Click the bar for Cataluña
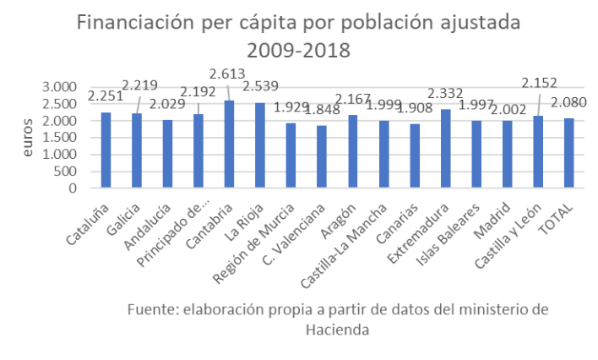(106, 150)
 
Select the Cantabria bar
(230, 145)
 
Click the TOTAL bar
(569, 153)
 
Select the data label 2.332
(445, 91)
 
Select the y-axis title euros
(30, 138)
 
